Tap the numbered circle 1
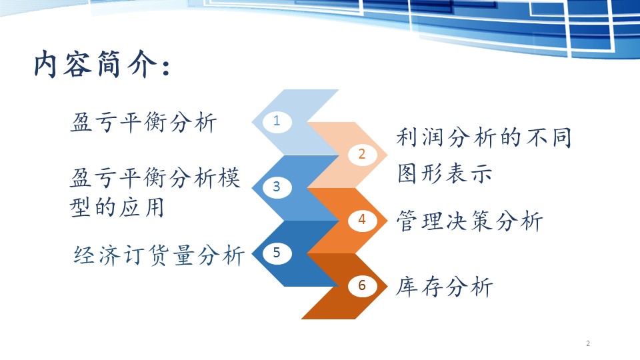pyautogui.click(x=277, y=121)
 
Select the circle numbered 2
pyautogui.click(x=361, y=154)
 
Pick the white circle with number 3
pyautogui.click(x=277, y=187)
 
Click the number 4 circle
pyautogui.click(x=361, y=219)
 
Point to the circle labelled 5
pyautogui.click(x=277, y=252)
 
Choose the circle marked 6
pyautogui.click(x=361, y=285)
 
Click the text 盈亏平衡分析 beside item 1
pyautogui.click(x=143, y=122)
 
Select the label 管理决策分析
pyautogui.click(x=469, y=221)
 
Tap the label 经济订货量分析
pyautogui.click(x=159, y=255)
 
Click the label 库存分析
pyautogui.click(x=445, y=286)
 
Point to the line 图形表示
pyautogui.click(x=445, y=173)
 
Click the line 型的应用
pyautogui.click(x=117, y=207)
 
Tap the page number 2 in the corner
pyautogui.click(x=588, y=343)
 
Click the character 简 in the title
pyautogui.click(x=109, y=64)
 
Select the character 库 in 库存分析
pyautogui.click(x=407, y=286)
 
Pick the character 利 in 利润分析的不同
pyautogui.click(x=407, y=137)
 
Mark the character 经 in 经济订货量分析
pyautogui.click(x=85, y=255)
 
